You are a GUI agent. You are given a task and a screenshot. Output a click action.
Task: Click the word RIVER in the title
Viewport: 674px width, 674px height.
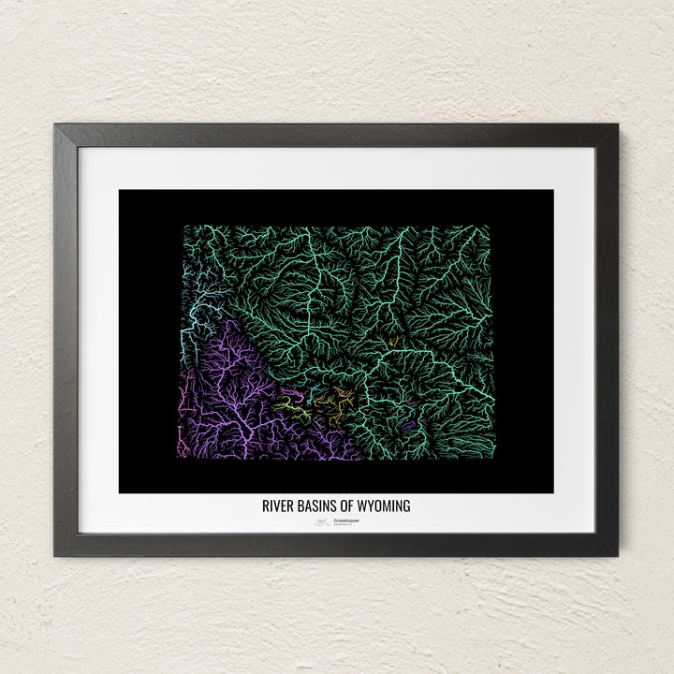[278, 506]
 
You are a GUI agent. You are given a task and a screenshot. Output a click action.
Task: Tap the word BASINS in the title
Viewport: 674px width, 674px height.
[317, 506]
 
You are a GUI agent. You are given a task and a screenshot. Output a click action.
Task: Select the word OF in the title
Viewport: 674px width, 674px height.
[348, 506]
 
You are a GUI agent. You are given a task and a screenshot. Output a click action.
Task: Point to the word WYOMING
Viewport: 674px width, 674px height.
[385, 506]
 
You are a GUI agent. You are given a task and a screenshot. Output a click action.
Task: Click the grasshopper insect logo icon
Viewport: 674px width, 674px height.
[321, 522]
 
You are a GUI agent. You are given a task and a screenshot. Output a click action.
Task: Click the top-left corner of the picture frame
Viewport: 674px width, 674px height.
[55, 125]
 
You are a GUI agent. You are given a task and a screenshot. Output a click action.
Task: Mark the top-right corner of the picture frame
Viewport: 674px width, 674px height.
[617, 125]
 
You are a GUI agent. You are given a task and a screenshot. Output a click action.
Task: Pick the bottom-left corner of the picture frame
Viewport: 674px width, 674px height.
[55, 555]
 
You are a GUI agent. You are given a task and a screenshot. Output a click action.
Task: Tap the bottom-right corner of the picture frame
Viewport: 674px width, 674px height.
[617, 555]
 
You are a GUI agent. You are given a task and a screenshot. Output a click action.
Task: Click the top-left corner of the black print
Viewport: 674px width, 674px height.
[120, 191]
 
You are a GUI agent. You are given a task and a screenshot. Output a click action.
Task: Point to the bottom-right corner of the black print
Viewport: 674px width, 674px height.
[552, 491]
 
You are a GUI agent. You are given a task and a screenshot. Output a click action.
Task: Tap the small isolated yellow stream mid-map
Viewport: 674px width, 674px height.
[394, 341]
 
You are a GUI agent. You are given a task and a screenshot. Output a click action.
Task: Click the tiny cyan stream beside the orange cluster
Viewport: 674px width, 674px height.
[316, 388]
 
